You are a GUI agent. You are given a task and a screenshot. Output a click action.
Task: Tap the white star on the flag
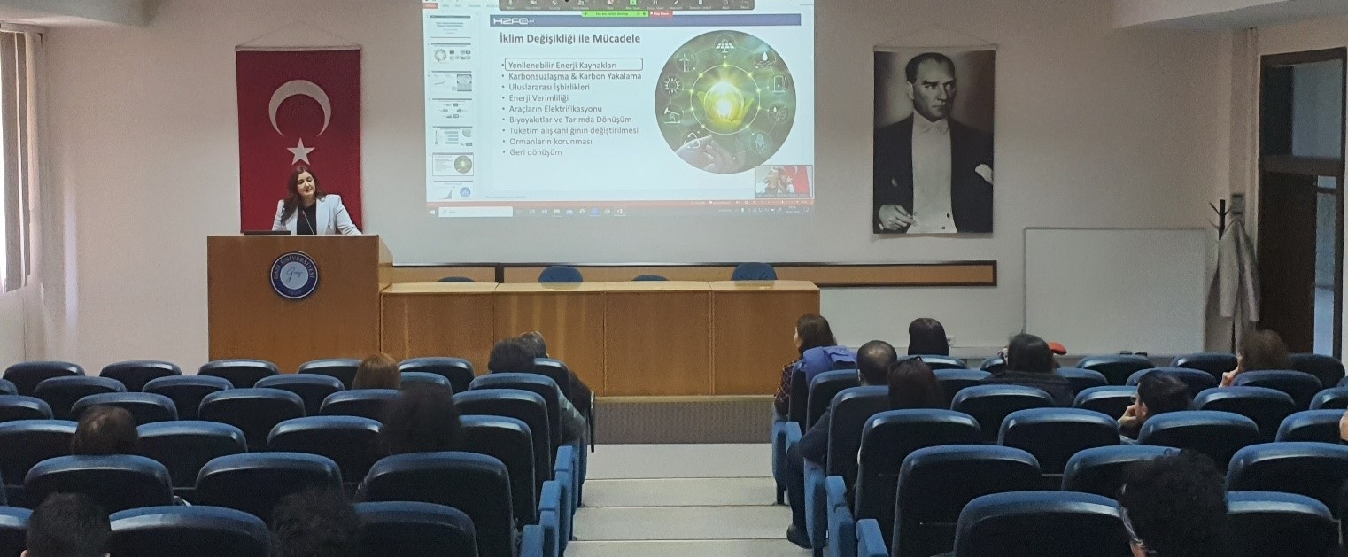pos(301,151)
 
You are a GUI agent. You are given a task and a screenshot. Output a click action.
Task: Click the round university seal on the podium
pos(294,275)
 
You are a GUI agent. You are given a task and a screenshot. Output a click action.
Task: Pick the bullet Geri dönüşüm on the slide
pos(536,152)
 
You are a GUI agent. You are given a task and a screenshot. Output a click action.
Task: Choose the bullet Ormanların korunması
pos(551,142)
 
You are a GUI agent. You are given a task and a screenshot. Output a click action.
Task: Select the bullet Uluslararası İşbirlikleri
pos(549,87)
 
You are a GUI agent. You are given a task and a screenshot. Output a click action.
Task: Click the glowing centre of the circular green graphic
pos(724,99)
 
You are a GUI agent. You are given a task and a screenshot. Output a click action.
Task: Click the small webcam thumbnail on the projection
pos(782,181)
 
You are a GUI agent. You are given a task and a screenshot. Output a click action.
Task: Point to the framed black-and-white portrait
pos(934,140)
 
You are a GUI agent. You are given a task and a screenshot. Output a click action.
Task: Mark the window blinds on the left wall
pos(14,159)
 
